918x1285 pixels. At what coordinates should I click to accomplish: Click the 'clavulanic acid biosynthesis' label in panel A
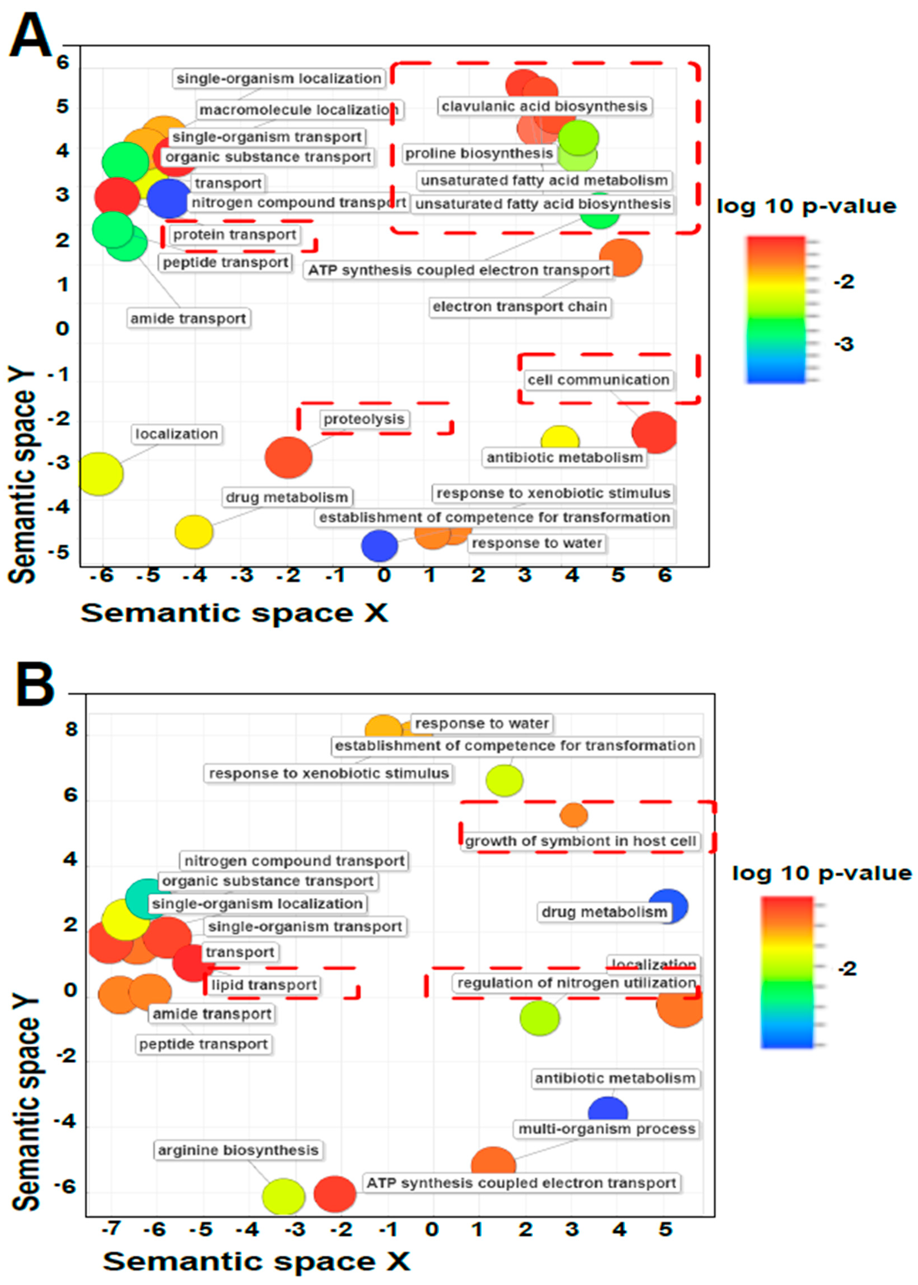click(x=544, y=106)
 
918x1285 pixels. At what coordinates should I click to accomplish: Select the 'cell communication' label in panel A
click(x=598, y=380)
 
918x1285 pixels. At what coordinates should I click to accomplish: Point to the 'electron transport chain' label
click(x=520, y=307)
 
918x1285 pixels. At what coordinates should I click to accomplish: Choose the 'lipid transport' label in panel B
click(x=264, y=985)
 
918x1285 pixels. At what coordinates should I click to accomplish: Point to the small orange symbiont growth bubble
click(x=574, y=815)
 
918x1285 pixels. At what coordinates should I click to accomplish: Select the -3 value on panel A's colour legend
click(x=844, y=344)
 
